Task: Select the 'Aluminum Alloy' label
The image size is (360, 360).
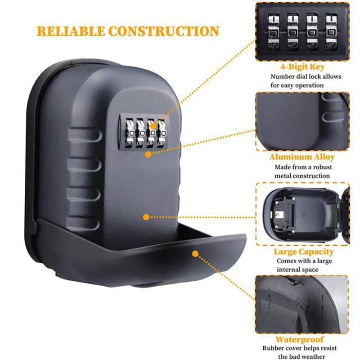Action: (x=302, y=157)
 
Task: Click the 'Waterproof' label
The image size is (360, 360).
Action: (x=300, y=339)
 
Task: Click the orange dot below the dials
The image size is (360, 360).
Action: (x=148, y=153)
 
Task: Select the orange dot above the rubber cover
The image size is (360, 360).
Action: (x=146, y=217)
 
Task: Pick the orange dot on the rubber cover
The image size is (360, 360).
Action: (x=195, y=254)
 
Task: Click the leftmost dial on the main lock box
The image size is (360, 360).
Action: (x=127, y=130)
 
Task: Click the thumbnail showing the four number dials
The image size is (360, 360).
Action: (x=302, y=31)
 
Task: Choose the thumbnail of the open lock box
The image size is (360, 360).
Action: (x=302, y=214)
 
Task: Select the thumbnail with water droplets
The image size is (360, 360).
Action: (x=302, y=304)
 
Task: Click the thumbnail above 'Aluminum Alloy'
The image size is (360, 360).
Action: (x=302, y=121)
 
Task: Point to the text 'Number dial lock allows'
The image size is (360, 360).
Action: (x=305, y=76)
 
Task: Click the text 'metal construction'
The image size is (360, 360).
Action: (x=302, y=175)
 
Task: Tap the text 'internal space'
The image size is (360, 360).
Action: (x=297, y=270)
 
